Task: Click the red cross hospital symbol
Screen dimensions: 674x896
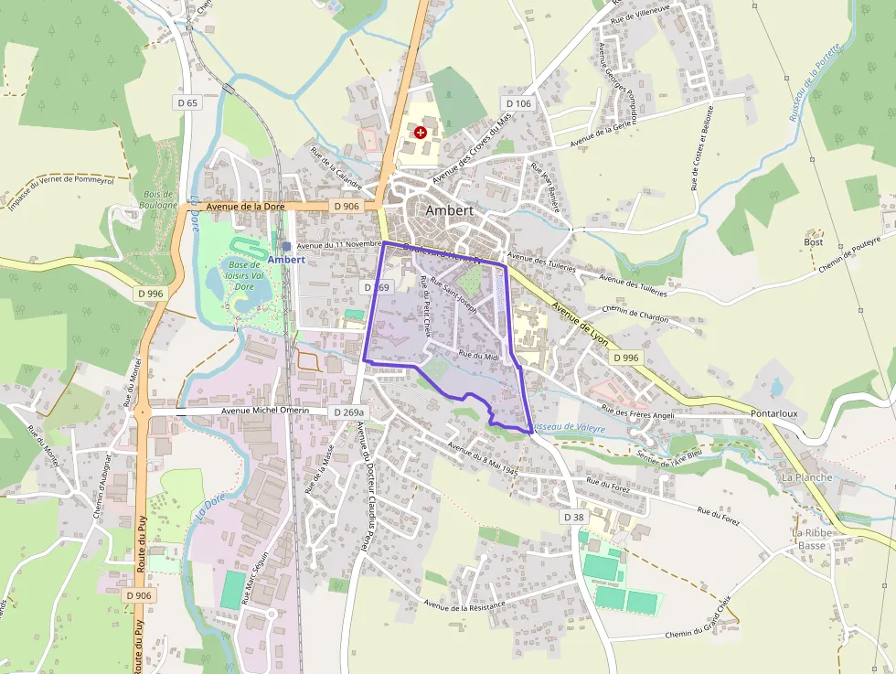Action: [421, 133]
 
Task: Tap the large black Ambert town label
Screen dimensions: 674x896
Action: [449, 210]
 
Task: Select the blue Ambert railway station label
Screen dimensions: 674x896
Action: [286, 260]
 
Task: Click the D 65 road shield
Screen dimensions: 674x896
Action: [187, 103]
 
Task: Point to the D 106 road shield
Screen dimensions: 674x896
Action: [517, 103]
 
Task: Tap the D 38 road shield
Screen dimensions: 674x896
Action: [573, 518]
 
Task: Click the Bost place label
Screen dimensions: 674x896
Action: [814, 242]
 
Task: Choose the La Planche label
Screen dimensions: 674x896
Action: [806, 477]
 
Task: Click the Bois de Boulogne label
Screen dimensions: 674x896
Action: [159, 200]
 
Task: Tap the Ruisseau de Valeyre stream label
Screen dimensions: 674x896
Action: [567, 427]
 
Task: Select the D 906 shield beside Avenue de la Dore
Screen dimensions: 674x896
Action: [347, 207]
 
